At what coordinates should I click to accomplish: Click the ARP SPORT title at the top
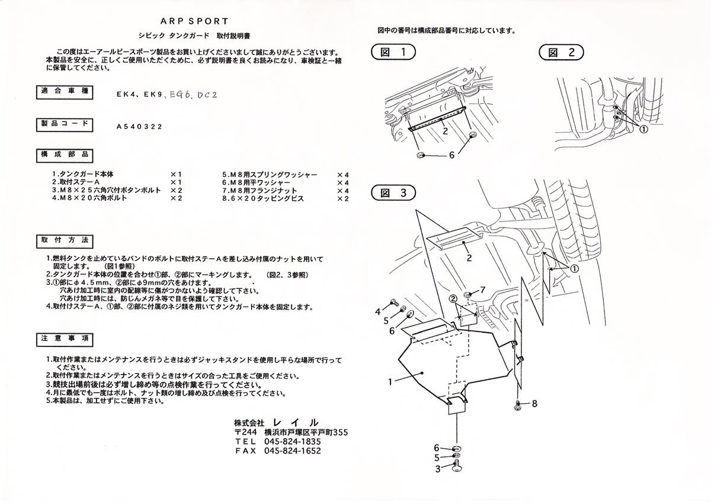coord(194,21)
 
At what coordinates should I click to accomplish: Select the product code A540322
coord(139,125)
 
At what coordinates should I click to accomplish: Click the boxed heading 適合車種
coord(64,92)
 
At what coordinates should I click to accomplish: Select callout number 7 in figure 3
coord(482,290)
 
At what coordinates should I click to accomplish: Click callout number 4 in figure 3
coord(377,311)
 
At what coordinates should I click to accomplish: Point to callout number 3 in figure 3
coord(437,469)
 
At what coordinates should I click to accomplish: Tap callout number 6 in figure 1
coord(451,155)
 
